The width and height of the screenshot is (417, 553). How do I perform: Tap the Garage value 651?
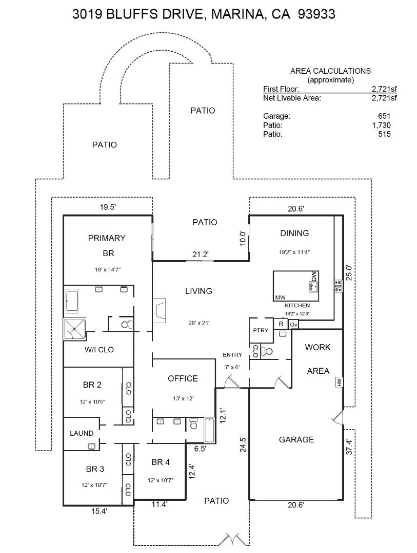point(384,116)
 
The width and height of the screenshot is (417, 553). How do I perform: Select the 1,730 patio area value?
point(381,125)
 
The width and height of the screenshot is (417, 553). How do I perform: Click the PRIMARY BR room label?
point(107,245)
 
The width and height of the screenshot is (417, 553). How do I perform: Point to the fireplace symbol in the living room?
point(160,311)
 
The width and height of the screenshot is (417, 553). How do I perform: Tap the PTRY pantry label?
point(261,330)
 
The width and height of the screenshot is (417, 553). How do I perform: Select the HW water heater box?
point(339,382)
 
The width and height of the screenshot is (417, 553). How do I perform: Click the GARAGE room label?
point(296,439)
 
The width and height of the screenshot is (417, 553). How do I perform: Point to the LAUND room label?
point(82,433)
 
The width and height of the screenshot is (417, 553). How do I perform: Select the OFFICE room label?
point(183,378)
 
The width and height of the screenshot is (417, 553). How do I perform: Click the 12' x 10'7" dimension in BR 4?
point(161,480)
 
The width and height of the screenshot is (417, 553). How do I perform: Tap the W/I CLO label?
point(99,350)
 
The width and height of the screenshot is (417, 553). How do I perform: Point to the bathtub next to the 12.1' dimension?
point(210,430)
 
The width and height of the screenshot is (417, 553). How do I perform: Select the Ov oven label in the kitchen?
point(293,324)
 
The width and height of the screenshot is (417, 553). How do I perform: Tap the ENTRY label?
point(232,355)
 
